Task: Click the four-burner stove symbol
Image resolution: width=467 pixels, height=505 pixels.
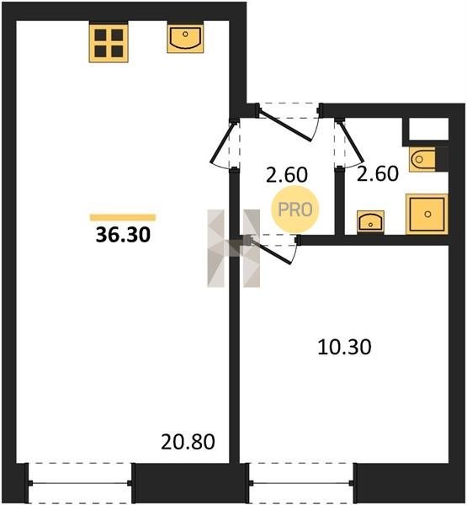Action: pos(109,43)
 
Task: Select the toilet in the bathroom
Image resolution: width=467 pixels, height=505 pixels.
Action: pos(422,159)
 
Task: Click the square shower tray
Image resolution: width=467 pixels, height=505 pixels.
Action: pos(427,214)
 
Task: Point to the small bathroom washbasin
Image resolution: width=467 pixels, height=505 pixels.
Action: pos(370,221)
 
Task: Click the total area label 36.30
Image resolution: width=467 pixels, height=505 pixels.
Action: pos(123,235)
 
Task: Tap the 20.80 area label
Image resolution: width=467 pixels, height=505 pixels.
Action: pos(188,442)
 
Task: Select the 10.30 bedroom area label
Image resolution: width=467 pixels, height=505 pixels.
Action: pos(344,347)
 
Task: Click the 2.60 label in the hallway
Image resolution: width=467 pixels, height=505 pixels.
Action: pos(287,175)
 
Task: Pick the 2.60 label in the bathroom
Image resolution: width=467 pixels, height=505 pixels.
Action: pos(378,173)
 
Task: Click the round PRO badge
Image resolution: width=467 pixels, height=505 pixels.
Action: pos(295,210)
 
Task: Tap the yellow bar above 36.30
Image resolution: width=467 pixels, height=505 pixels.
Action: pos(123,217)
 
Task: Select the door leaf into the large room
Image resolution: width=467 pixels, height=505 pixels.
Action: pos(223,143)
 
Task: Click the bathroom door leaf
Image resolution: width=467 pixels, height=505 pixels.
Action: pos(351,142)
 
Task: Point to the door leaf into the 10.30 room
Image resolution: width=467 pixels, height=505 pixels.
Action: pos(271,251)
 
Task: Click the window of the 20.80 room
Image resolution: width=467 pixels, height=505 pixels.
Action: pos(80,483)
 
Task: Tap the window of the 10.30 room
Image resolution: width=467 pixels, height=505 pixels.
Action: pos(301,483)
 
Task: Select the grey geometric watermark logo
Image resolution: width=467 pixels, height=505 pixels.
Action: pos(234,248)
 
